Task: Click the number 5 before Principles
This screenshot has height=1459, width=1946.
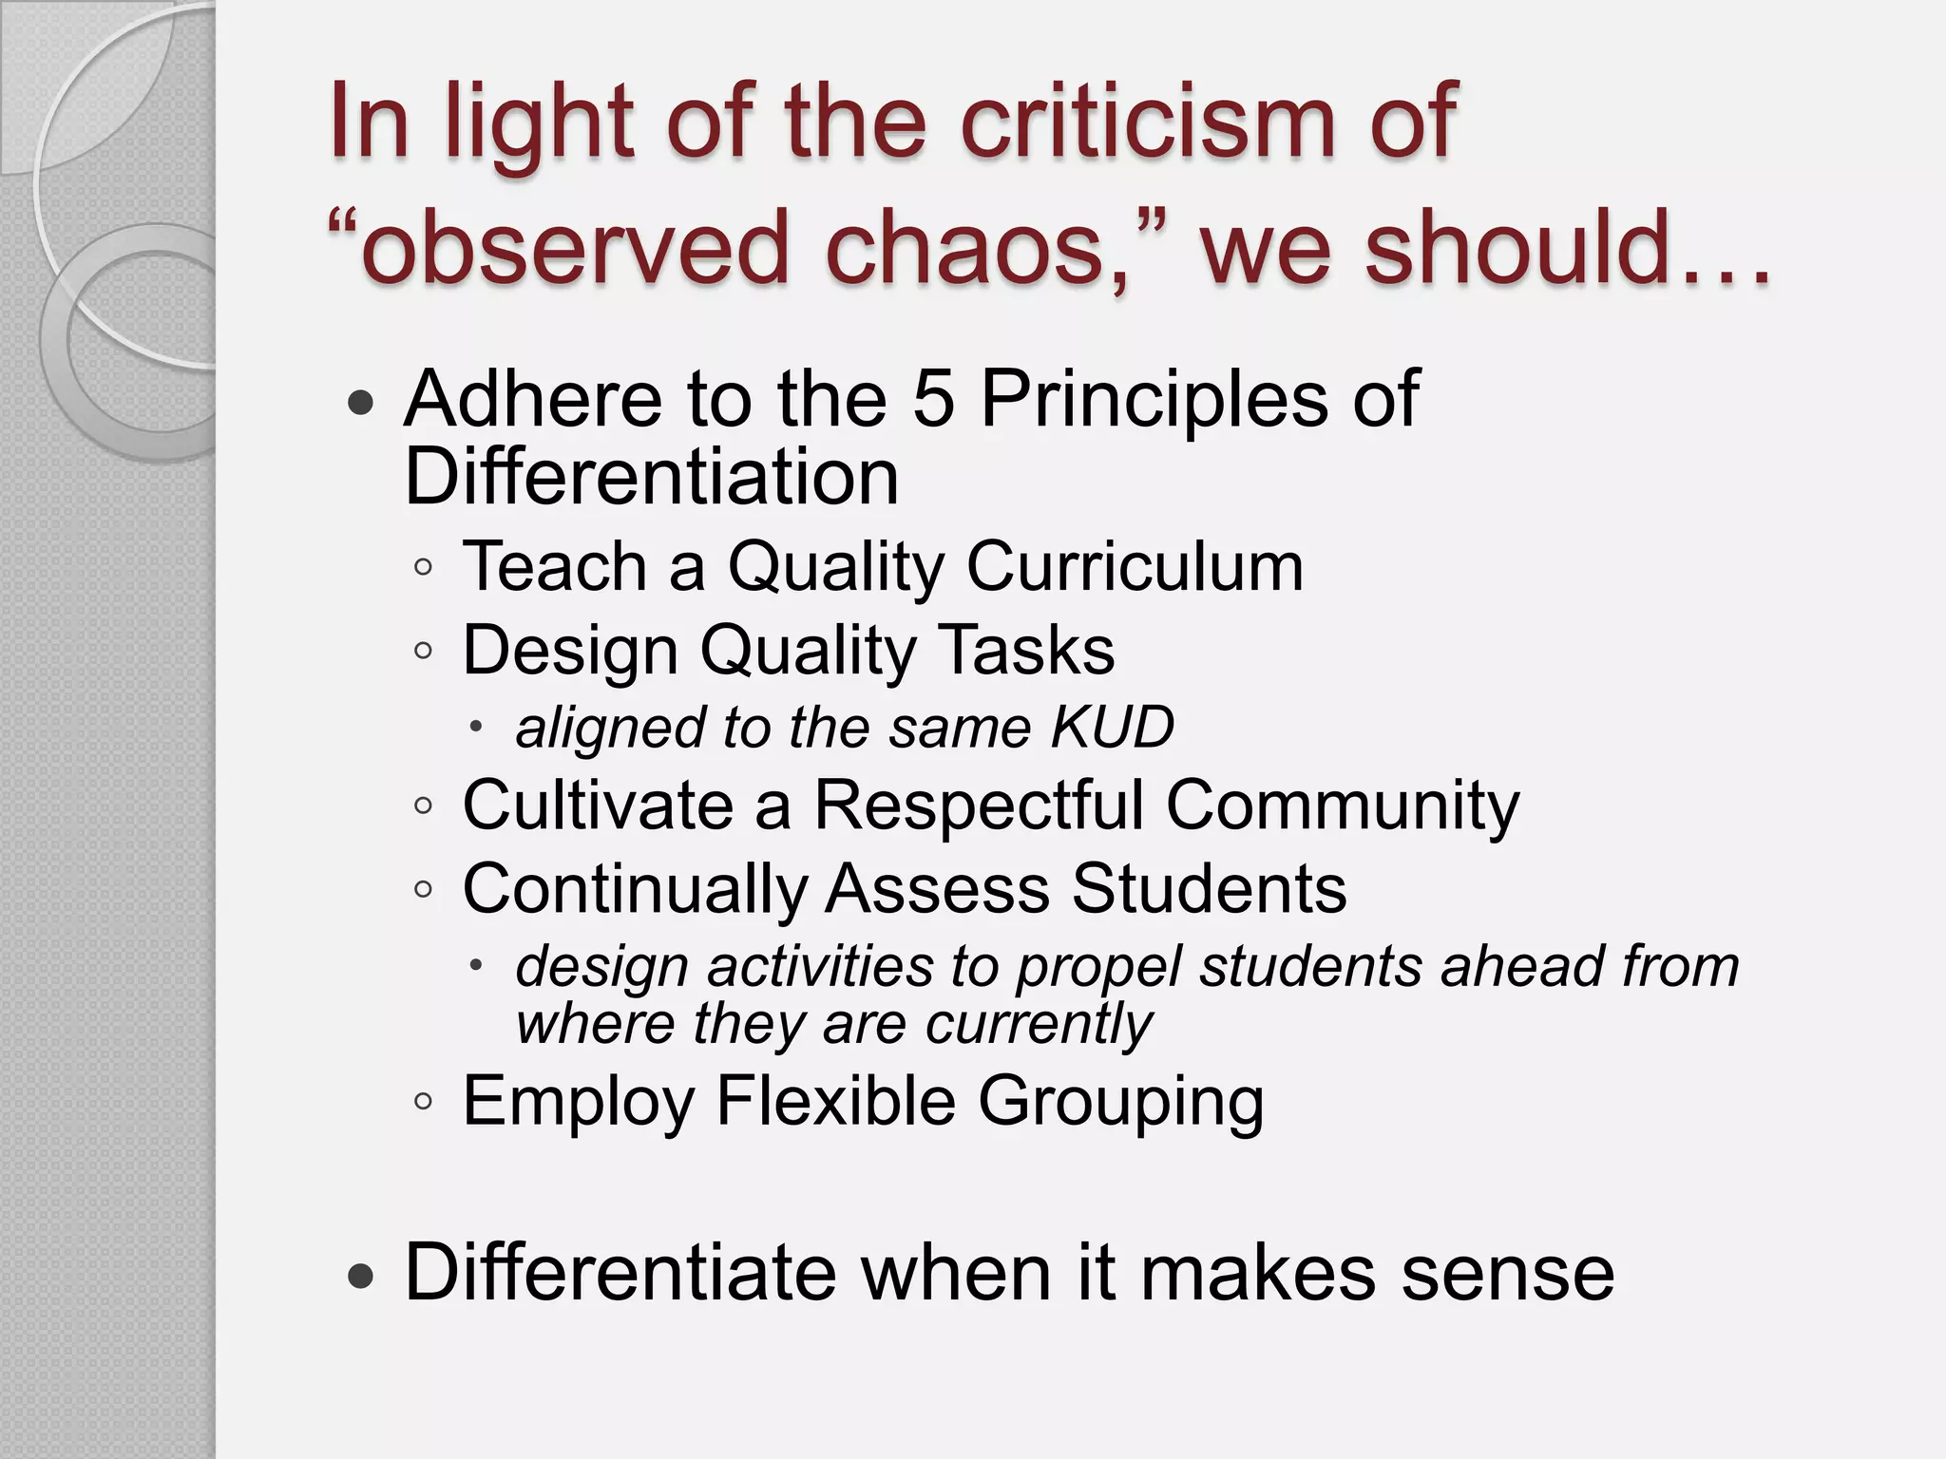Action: [932, 399]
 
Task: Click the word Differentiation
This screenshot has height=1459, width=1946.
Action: [651, 477]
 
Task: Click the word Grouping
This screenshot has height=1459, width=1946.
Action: [1120, 1103]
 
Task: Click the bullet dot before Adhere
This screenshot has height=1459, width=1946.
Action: [361, 404]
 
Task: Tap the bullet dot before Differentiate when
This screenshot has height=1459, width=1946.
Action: [361, 1277]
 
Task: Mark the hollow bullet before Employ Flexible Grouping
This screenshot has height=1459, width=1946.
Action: [424, 1103]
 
